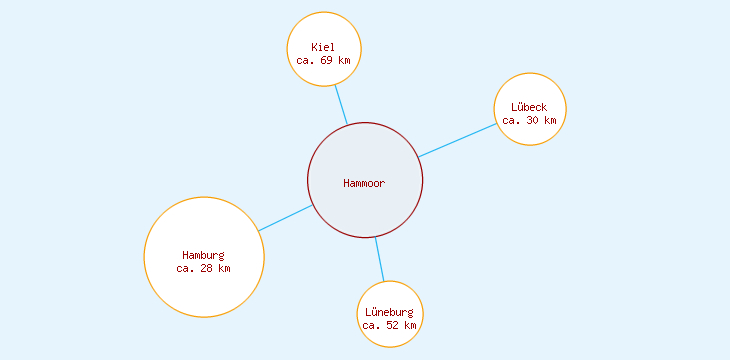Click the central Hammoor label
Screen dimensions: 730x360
pos(364,183)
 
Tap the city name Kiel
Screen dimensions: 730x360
pos(323,47)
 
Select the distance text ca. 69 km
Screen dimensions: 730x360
pos(323,60)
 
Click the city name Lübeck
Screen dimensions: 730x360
pos(529,107)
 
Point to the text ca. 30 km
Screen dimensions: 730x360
pos(529,120)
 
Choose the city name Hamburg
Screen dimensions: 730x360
pos(203,255)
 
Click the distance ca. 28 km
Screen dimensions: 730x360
pos(203,268)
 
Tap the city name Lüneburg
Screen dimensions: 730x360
pos(390,312)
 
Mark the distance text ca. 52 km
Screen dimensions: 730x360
pos(390,325)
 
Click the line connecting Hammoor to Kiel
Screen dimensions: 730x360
pos(341,104)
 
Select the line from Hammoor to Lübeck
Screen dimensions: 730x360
pos(457,140)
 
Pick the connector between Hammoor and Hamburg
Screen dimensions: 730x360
pos(286,218)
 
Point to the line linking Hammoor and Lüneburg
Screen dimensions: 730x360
pos(379,259)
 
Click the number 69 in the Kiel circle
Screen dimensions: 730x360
pos(327,60)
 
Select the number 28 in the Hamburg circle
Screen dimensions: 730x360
pos(207,268)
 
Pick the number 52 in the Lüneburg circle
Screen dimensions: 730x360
pos(393,325)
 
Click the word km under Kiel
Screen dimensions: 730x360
pos(345,60)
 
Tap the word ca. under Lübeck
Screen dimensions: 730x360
pos(511,120)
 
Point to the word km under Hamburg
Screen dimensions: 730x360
pos(224,268)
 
